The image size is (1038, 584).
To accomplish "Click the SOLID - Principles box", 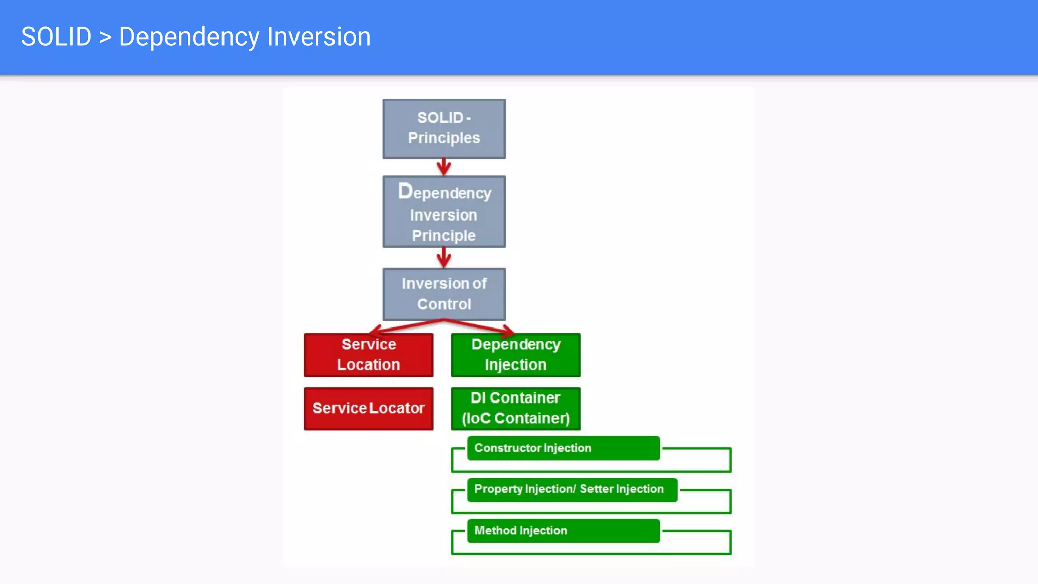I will (443, 129).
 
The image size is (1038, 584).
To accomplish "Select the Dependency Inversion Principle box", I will (443, 212).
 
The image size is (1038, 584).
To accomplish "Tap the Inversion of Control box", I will (443, 294).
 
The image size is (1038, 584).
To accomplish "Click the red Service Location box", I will (368, 355).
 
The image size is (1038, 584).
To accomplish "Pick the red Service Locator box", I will (368, 409).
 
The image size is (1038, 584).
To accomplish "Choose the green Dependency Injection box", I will (515, 355).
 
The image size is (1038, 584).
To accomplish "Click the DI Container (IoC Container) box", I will (515, 409).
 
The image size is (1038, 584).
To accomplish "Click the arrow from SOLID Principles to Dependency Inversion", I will (443, 167).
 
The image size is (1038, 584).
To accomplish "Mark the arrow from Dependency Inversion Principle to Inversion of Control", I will (443, 258).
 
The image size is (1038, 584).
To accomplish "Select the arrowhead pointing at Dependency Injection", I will (508, 332).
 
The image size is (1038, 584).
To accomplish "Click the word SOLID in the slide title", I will (56, 37).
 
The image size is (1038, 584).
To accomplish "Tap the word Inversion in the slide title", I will (319, 37).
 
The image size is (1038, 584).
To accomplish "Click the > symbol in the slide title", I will (105, 38).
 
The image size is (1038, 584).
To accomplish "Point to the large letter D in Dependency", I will (405, 191).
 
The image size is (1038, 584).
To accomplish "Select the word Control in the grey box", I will (444, 304).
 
